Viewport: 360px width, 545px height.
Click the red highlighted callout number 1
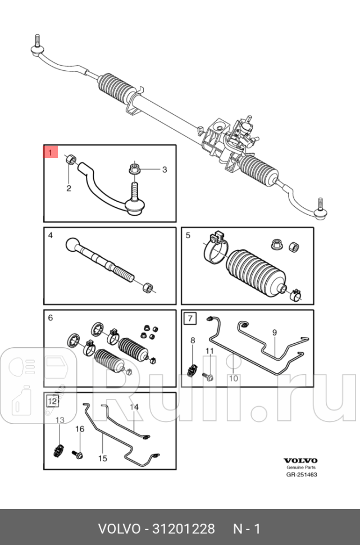tap(51, 152)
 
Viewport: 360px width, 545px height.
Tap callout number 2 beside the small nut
tap(69, 188)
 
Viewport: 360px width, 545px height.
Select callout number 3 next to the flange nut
tap(165, 170)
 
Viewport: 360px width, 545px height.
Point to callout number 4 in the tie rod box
tap(50, 235)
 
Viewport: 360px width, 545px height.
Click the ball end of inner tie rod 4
tap(74, 245)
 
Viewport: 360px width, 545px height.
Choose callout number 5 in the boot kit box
tap(188, 235)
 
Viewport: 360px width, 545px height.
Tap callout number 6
tap(50, 318)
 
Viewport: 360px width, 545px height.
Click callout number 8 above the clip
tap(192, 340)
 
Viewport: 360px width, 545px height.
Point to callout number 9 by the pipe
tap(275, 333)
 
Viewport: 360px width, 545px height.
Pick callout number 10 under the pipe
tap(234, 378)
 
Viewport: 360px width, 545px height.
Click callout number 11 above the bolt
tap(209, 351)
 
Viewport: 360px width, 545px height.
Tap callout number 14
tap(134, 407)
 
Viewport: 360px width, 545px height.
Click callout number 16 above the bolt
tap(80, 429)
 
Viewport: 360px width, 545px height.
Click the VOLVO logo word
tap(300, 460)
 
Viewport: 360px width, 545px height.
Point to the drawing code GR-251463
tap(301, 475)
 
